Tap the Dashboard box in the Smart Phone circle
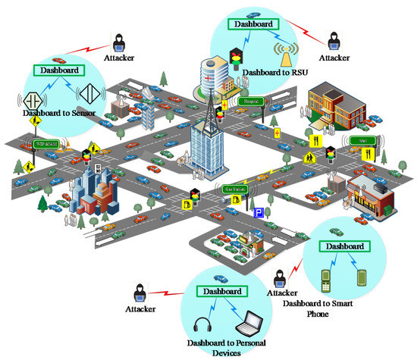coord(345,246)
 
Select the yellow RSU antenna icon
coord(287,54)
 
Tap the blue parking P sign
coord(258,213)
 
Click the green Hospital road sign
coord(252,100)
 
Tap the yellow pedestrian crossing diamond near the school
coord(310,158)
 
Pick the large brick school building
coord(332,108)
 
